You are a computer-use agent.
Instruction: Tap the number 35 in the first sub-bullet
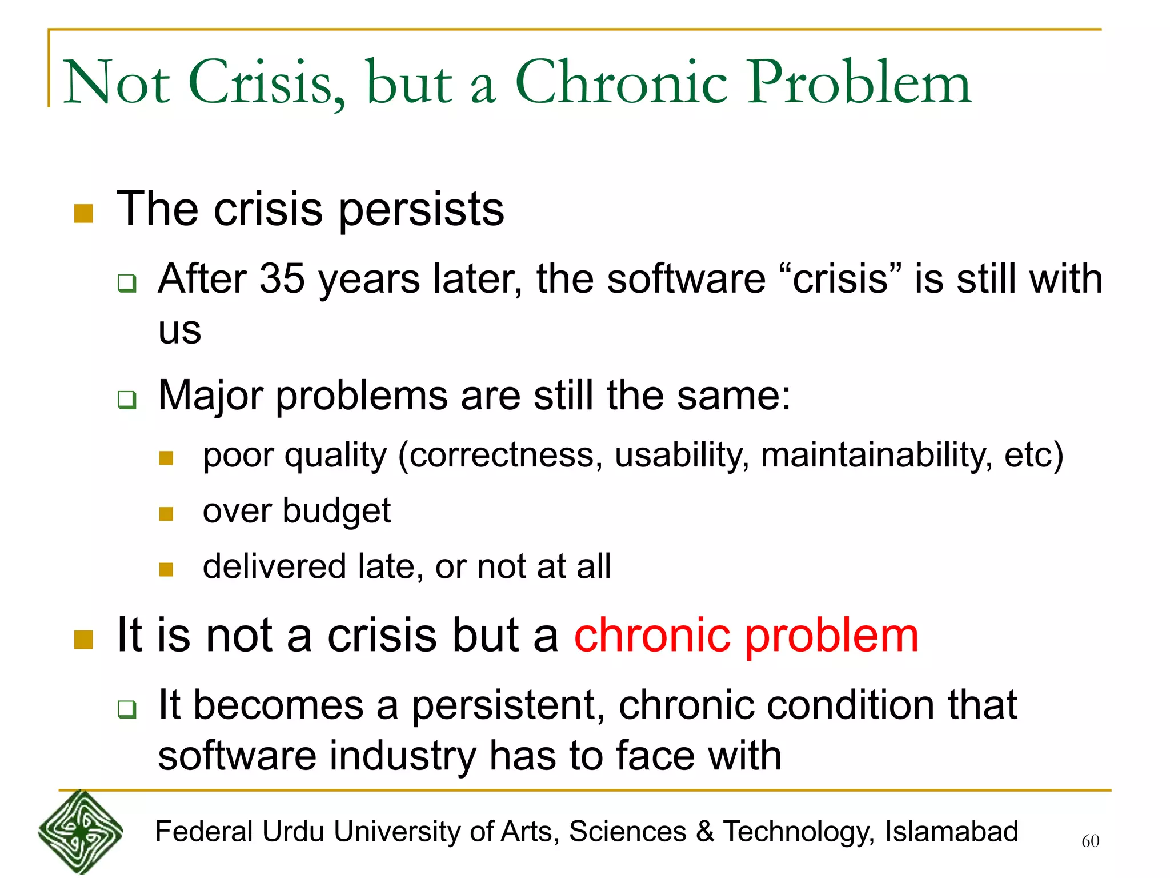tap(282, 279)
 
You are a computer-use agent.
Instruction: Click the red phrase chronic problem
tap(746, 636)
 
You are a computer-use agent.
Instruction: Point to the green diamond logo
tap(80, 832)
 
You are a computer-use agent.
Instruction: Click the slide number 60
tap(1090, 841)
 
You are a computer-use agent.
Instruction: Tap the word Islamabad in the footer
tap(951, 832)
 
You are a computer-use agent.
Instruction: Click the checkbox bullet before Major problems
tap(127, 399)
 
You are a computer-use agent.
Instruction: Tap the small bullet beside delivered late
tap(166, 569)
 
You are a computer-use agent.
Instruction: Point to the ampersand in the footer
tap(705, 832)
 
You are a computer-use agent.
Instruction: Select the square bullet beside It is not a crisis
tap(83, 640)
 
